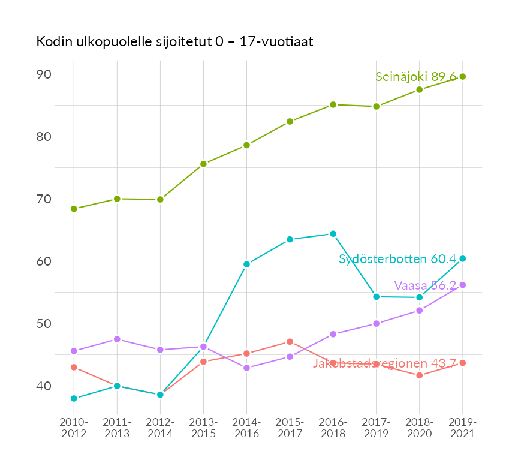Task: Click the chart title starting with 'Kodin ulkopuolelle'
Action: tap(174, 42)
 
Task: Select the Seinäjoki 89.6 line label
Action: tap(415, 77)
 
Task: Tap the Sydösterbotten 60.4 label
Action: tap(397, 259)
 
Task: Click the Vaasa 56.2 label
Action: tap(425, 285)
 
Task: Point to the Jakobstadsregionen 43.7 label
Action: tap(385, 363)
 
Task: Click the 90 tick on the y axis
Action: tap(44, 74)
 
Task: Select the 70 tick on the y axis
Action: tap(44, 199)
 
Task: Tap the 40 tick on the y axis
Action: tap(44, 386)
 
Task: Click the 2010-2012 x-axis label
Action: tap(74, 428)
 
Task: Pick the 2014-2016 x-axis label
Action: tap(246, 428)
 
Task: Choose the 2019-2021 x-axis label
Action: tap(462, 428)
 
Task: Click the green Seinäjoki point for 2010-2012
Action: tap(74, 209)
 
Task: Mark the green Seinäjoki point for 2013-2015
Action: tap(203, 164)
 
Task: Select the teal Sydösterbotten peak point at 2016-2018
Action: tap(333, 234)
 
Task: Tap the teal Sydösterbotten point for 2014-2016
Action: tap(246, 264)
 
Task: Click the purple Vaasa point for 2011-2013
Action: tap(117, 339)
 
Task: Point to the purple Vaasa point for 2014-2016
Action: tap(246, 368)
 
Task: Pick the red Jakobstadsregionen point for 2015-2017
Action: tap(290, 342)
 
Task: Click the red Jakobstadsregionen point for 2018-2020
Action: tap(419, 375)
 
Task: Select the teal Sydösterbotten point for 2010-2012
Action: tap(74, 398)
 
